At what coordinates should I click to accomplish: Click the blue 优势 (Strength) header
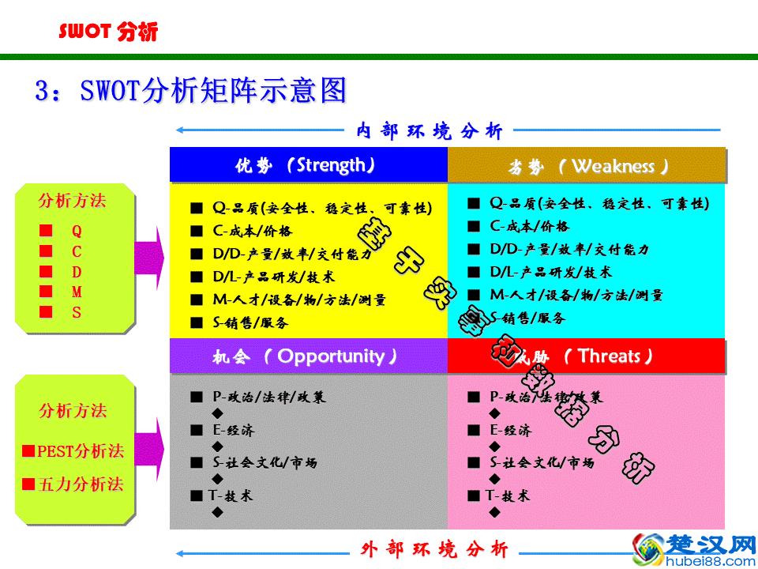click(x=309, y=165)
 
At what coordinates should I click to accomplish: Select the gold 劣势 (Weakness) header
click(x=587, y=166)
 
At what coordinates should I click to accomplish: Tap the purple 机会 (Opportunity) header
click(x=309, y=356)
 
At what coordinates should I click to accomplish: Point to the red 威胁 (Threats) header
click(x=587, y=356)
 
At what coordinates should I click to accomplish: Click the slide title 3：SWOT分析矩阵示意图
click(x=190, y=91)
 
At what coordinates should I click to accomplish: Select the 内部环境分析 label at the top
click(x=430, y=130)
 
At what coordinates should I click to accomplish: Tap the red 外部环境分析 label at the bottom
click(x=435, y=548)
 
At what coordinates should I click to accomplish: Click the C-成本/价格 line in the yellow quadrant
click(x=252, y=231)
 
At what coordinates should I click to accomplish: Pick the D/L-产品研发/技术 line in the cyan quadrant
click(x=550, y=272)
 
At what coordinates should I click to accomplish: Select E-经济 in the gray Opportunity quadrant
click(x=233, y=430)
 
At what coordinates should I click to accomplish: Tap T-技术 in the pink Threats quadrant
click(x=506, y=496)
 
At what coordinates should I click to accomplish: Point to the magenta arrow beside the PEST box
click(x=151, y=447)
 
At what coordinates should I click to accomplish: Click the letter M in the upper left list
click(x=77, y=292)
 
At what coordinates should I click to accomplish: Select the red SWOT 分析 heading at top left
click(x=108, y=32)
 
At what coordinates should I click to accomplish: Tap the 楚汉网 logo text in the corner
click(x=707, y=544)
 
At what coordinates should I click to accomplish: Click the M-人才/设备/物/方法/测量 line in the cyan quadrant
click(x=576, y=295)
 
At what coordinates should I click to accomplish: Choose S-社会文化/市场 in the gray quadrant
click(x=265, y=462)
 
